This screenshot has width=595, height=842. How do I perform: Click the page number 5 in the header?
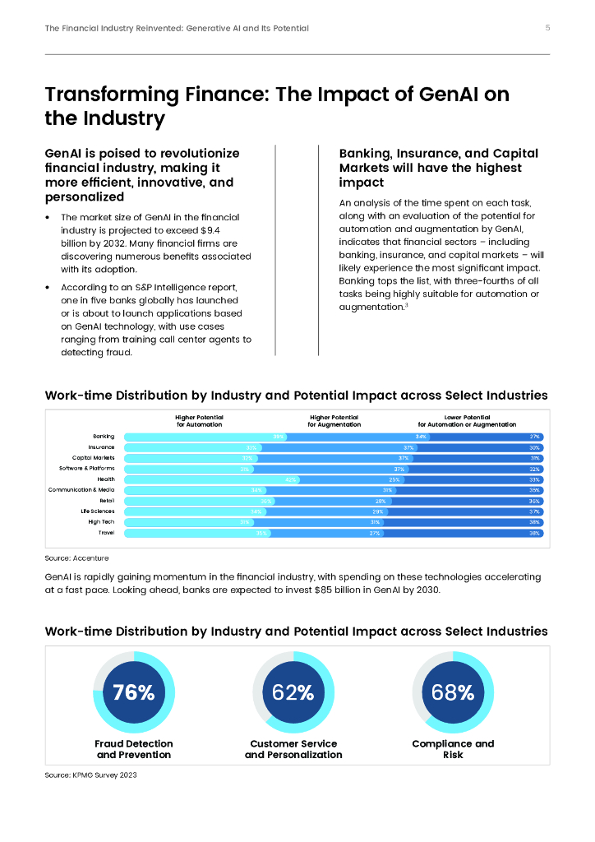548,28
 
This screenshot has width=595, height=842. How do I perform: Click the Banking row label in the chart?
104,436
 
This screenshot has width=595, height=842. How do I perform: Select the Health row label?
106,479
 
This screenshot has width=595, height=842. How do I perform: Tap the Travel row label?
106,533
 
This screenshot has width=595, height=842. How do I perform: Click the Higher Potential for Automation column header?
200,421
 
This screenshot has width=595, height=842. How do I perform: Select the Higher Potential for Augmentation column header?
334,421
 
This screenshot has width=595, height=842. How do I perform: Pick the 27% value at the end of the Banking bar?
534,437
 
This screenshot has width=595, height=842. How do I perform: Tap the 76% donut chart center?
134,692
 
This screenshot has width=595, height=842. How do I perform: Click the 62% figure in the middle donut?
293,692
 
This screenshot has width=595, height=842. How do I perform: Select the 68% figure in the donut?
453,692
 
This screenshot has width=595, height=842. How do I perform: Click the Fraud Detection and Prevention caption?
134,749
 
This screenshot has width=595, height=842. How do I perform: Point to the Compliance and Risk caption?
453,749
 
